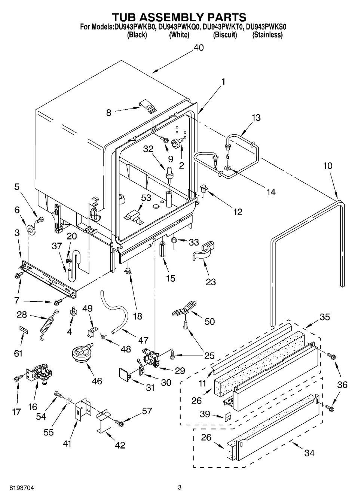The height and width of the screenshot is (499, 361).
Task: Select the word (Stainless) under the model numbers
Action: (267, 35)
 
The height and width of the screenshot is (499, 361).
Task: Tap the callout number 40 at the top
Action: (199, 48)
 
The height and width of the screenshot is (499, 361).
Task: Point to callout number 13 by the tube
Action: (256, 118)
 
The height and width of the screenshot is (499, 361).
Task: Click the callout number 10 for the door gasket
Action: (328, 166)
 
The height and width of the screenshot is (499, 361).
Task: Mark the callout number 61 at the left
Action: (18, 353)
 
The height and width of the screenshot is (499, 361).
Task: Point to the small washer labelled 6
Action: (30, 229)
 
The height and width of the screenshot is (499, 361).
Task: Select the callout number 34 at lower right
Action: (309, 453)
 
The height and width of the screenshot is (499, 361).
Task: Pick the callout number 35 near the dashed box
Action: (325, 317)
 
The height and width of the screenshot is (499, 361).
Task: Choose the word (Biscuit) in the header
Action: (225, 35)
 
